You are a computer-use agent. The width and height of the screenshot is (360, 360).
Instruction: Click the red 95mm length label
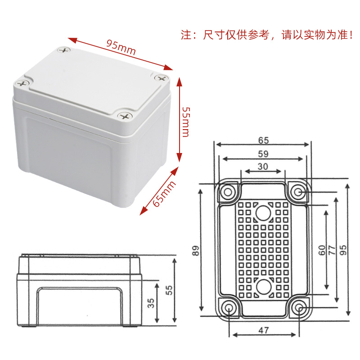click(121, 47)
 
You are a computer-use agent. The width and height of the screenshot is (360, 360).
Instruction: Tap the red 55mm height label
click(186, 121)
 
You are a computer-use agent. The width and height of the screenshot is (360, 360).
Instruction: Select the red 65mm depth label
click(164, 194)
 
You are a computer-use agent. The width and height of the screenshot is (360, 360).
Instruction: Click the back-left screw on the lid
click(64, 50)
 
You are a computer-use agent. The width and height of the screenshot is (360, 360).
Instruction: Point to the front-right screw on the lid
click(125, 116)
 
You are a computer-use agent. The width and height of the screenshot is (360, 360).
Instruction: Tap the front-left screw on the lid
click(21, 83)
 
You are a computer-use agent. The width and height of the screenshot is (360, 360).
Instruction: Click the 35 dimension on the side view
click(151, 303)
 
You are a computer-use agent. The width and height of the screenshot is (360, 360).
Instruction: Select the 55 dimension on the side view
click(169, 290)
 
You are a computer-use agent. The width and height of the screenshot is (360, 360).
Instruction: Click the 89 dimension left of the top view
click(195, 251)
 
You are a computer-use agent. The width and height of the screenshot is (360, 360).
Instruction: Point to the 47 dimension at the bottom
click(263, 330)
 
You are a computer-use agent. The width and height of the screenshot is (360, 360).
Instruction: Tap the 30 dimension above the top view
click(263, 166)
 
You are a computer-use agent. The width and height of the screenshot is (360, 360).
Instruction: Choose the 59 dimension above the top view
click(263, 154)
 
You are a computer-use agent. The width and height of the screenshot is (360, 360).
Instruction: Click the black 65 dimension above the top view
click(263, 140)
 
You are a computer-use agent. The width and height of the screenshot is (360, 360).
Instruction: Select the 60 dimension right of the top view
click(322, 250)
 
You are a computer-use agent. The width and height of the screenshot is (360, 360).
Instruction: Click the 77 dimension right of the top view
click(332, 250)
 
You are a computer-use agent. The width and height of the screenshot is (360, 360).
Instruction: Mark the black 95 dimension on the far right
click(342, 250)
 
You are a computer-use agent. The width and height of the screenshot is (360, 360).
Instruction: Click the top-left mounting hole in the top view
click(228, 192)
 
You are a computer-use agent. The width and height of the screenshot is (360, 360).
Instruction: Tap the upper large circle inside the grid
click(263, 213)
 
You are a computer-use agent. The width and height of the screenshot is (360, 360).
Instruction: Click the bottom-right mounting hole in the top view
click(299, 308)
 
